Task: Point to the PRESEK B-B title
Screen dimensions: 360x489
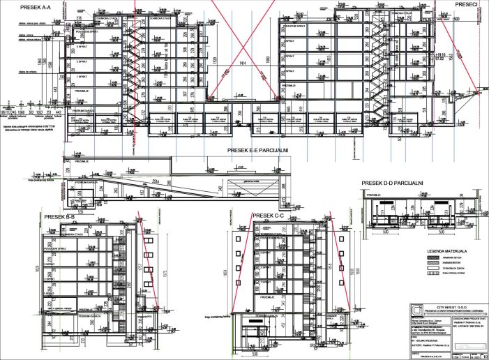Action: pyautogui.click(x=59, y=217)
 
